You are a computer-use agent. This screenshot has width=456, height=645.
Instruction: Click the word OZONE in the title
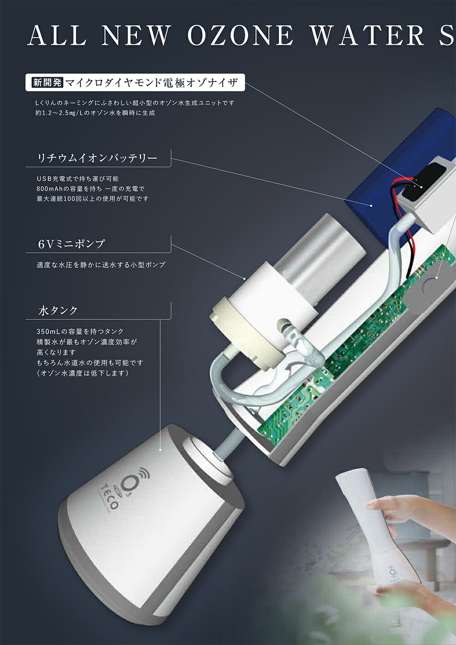pos(240,35)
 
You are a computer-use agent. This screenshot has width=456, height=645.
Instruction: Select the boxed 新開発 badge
pos(47,83)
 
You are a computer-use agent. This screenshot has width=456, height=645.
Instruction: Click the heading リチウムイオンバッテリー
pos(98,158)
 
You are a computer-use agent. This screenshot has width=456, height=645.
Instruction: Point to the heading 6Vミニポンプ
pos(71,244)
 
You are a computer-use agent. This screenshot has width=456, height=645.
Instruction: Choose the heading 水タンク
pos(58,310)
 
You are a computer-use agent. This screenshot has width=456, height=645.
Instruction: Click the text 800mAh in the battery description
pos(51,188)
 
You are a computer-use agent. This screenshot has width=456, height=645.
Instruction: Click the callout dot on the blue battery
pos(371,206)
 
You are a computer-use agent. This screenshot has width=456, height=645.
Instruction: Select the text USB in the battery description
pos(43,179)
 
